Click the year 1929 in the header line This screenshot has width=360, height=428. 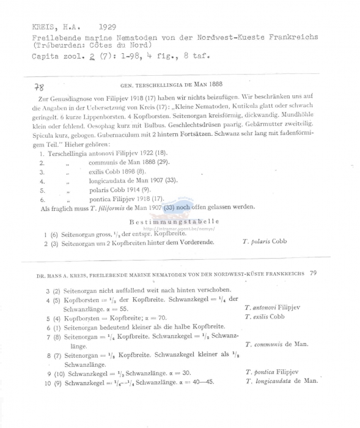click(109, 28)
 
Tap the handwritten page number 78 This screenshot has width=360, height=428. click(40, 89)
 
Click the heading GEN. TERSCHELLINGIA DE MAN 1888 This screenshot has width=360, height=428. click(180, 86)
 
